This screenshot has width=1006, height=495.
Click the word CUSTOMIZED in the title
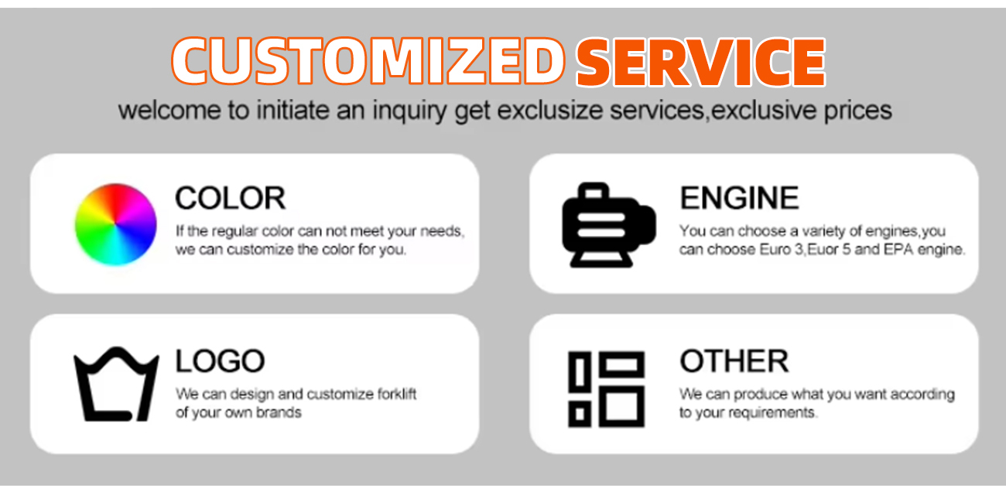(x=368, y=61)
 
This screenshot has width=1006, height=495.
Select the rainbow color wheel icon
(x=116, y=224)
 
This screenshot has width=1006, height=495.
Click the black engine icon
(x=608, y=225)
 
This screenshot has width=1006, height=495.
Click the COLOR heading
(x=230, y=198)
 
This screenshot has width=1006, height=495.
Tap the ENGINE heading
(x=739, y=198)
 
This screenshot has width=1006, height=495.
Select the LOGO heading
(x=220, y=361)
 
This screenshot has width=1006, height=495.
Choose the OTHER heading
(x=734, y=361)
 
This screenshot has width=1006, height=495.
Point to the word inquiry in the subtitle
(x=409, y=111)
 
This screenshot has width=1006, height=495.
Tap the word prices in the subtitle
(x=857, y=111)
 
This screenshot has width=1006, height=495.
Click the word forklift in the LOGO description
(x=396, y=394)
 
